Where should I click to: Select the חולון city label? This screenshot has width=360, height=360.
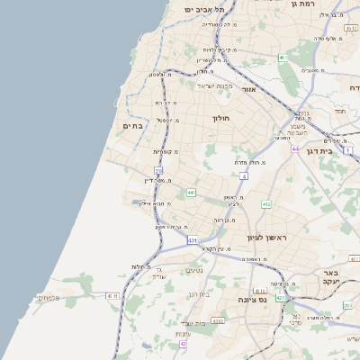221,118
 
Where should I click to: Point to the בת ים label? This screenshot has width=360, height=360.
133,126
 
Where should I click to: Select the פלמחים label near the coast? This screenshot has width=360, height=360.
49,296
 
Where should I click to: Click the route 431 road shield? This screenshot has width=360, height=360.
192,240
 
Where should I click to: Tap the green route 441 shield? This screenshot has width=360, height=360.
191,193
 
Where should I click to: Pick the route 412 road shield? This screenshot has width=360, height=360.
266,204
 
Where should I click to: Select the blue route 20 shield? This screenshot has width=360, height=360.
158,169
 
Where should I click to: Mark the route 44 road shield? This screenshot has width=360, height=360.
294,148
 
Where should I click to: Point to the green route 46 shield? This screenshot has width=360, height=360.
282,58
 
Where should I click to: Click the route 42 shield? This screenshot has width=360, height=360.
184,343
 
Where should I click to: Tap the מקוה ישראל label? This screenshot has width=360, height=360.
214,85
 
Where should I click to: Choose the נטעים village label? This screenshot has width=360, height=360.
194,270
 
